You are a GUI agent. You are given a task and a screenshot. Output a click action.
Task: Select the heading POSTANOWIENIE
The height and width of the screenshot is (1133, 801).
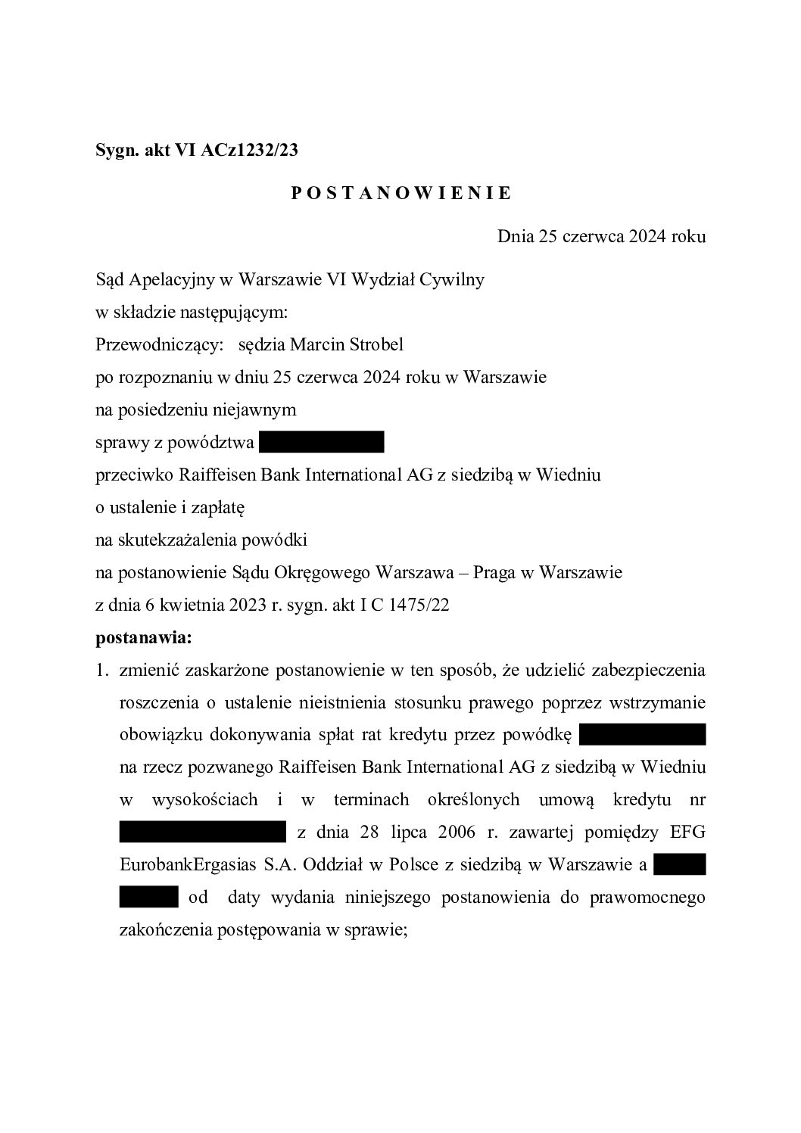coord(401,194)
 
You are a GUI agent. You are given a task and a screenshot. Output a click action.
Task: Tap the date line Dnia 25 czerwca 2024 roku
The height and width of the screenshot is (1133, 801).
coord(601,237)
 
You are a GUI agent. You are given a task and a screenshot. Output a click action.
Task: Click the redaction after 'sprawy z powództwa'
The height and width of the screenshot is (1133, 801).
coord(322,442)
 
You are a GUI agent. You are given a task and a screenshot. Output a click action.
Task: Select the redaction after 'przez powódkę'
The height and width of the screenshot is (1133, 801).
coord(642,734)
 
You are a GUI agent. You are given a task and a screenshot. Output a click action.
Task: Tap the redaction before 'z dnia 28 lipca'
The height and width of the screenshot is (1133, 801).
coord(202,833)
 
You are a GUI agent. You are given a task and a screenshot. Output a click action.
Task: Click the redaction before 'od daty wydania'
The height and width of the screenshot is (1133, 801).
coord(148,898)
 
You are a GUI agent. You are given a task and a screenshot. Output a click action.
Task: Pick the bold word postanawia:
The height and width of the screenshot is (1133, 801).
coord(144,638)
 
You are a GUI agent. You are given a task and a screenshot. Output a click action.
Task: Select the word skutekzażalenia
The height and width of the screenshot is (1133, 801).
coord(173,540)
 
